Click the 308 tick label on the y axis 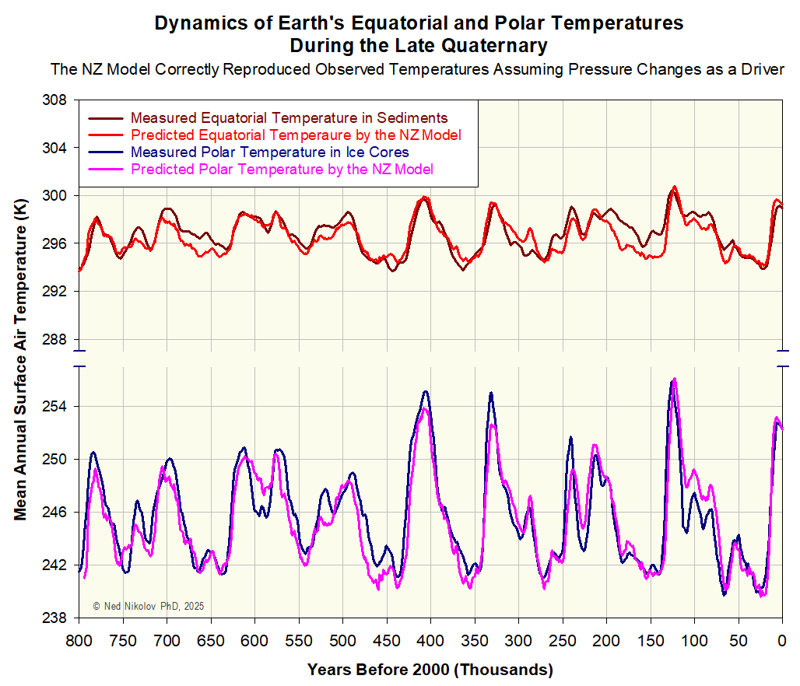click(57, 100)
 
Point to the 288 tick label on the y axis click(57, 340)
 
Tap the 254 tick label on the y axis click(57, 407)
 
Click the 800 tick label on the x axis click(78, 641)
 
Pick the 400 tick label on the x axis click(430, 641)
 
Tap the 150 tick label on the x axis click(650, 641)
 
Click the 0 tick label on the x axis click(781, 641)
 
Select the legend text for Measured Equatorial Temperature click(289, 118)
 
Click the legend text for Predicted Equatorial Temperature click(296, 135)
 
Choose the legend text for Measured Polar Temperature click(270, 152)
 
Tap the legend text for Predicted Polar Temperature click(282, 170)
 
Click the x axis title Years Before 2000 click(430, 670)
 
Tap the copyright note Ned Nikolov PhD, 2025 click(148, 606)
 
